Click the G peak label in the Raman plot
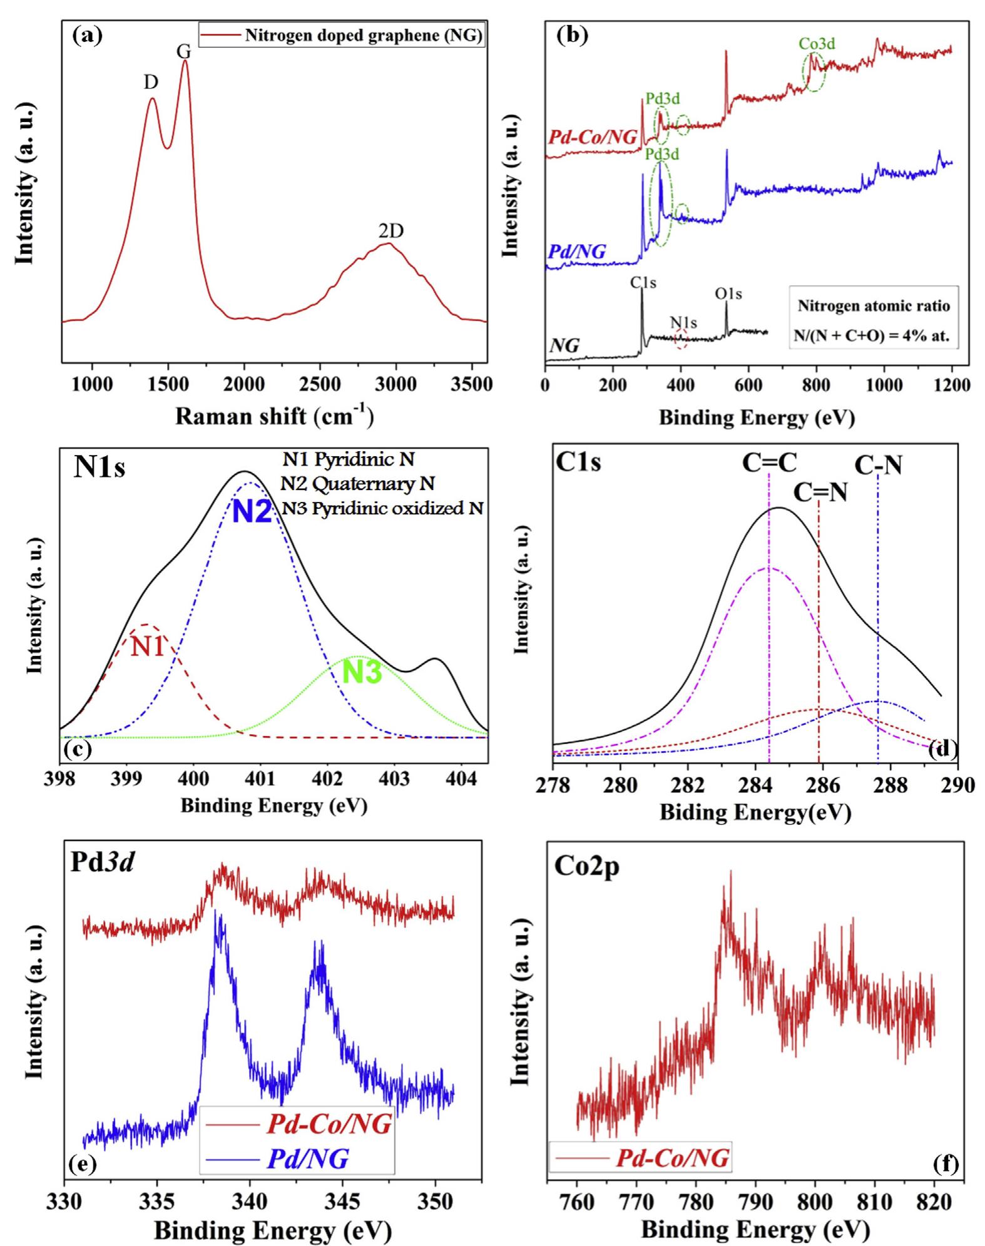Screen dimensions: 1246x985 point(183,51)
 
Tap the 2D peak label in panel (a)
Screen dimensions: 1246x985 point(390,232)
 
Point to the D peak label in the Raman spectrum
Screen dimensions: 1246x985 point(151,83)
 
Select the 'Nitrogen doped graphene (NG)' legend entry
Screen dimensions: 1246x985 point(363,36)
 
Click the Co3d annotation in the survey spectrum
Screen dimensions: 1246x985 point(817,44)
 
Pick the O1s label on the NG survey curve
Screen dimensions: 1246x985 point(728,294)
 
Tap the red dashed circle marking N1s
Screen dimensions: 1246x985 point(681,339)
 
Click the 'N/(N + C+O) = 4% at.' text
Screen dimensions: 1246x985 point(874,335)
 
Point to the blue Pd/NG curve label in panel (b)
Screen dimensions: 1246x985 point(576,252)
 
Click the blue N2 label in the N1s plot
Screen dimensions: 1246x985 point(252,513)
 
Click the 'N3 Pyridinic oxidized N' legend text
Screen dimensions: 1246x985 point(382,508)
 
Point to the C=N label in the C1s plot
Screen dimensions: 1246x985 point(820,493)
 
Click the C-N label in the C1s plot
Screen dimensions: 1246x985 point(879,464)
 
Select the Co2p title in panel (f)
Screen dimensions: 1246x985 point(586,867)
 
